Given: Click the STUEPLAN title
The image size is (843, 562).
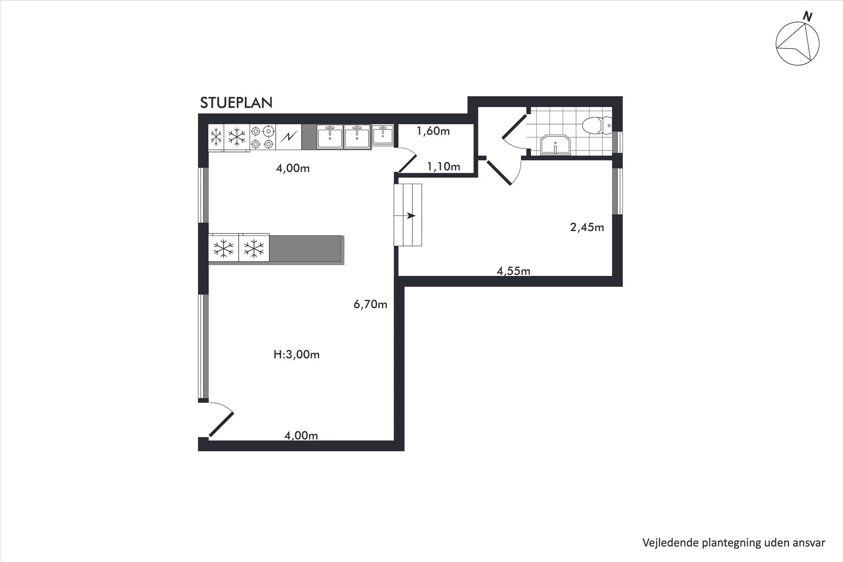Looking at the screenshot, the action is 236,103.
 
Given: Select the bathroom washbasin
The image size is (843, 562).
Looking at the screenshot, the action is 555,145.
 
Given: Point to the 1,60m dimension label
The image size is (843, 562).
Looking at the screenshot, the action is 433,131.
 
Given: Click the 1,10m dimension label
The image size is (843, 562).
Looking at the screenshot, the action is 443,166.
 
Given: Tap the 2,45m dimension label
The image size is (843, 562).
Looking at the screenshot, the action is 587,227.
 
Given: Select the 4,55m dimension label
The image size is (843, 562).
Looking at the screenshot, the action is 513,271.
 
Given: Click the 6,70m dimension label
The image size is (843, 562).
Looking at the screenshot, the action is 371,304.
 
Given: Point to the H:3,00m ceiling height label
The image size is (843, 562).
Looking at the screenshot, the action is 296,354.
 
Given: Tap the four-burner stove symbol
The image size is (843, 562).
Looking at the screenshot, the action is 263,137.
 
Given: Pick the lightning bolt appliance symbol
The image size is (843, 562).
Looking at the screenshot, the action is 288,137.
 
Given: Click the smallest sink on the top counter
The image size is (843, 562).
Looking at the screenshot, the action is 383,134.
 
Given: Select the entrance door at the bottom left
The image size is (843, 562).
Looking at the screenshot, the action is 221,420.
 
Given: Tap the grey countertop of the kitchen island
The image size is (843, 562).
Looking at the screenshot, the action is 306,249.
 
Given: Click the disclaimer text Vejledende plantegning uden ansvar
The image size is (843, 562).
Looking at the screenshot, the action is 734,543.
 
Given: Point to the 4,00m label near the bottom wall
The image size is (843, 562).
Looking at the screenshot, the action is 301,436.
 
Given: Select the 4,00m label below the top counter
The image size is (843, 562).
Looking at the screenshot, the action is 293,168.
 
